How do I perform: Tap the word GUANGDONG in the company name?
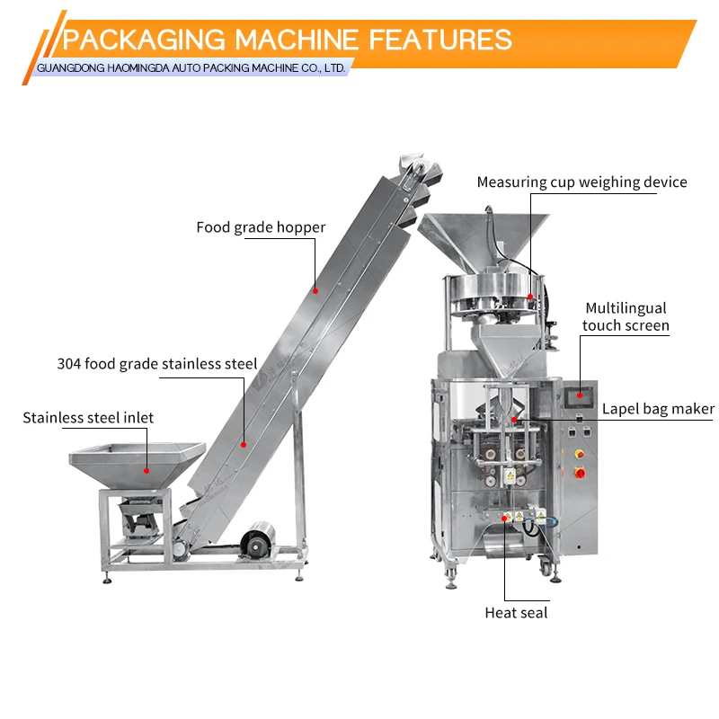pyautogui.click(x=73, y=68)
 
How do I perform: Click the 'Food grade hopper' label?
pyautogui.click(x=261, y=227)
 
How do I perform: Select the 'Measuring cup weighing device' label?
pyautogui.click(x=581, y=182)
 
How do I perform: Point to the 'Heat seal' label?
pyautogui.click(x=516, y=613)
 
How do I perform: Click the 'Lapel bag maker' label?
pyautogui.click(x=658, y=408)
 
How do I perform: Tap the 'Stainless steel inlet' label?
pyautogui.click(x=88, y=417)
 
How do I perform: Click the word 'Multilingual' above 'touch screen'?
pyautogui.click(x=626, y=308)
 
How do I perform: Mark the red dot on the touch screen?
pyautogui.click(x=580, y=393)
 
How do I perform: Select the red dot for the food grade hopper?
pyautogui.click(x=315, y=289)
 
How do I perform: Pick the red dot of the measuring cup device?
pyautogui.click(x=530, y=295)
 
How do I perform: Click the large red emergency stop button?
pyautogui.click(x=580, y=473)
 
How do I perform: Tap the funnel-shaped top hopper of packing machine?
pyautogui.click(x=485, y=238)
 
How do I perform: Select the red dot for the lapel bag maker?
pyautogui.click(x=514, y=420)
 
